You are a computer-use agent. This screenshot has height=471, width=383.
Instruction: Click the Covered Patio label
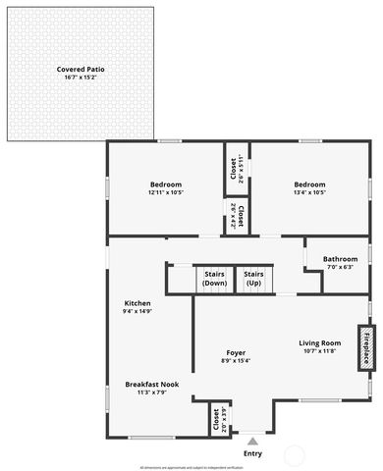coord(81,70)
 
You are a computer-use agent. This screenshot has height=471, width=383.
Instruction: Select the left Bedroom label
coord(166,184)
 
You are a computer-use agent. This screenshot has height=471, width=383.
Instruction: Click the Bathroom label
coord(340,259)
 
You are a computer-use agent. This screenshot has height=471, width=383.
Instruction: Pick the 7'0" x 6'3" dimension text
coord(340,267)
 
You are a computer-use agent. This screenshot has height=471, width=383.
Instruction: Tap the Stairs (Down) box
coord(214,279)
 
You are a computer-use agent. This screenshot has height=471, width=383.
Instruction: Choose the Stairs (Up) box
coord(253,279)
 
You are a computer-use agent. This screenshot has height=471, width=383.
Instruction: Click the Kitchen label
coord(137,303)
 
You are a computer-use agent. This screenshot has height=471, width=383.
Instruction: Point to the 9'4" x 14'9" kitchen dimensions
coord(137,311)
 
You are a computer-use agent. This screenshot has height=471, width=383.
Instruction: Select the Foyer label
coord(236,352)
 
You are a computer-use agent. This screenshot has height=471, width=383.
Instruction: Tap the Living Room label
coord(319,342)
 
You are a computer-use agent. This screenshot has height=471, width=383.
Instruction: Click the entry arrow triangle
coord(252,442)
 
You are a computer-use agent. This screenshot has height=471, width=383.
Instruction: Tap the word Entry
coord(252,453)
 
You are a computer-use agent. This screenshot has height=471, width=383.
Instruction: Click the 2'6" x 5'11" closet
coord(236,169)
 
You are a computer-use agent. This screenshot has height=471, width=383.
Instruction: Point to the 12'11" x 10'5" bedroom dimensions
coord(166,192)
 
